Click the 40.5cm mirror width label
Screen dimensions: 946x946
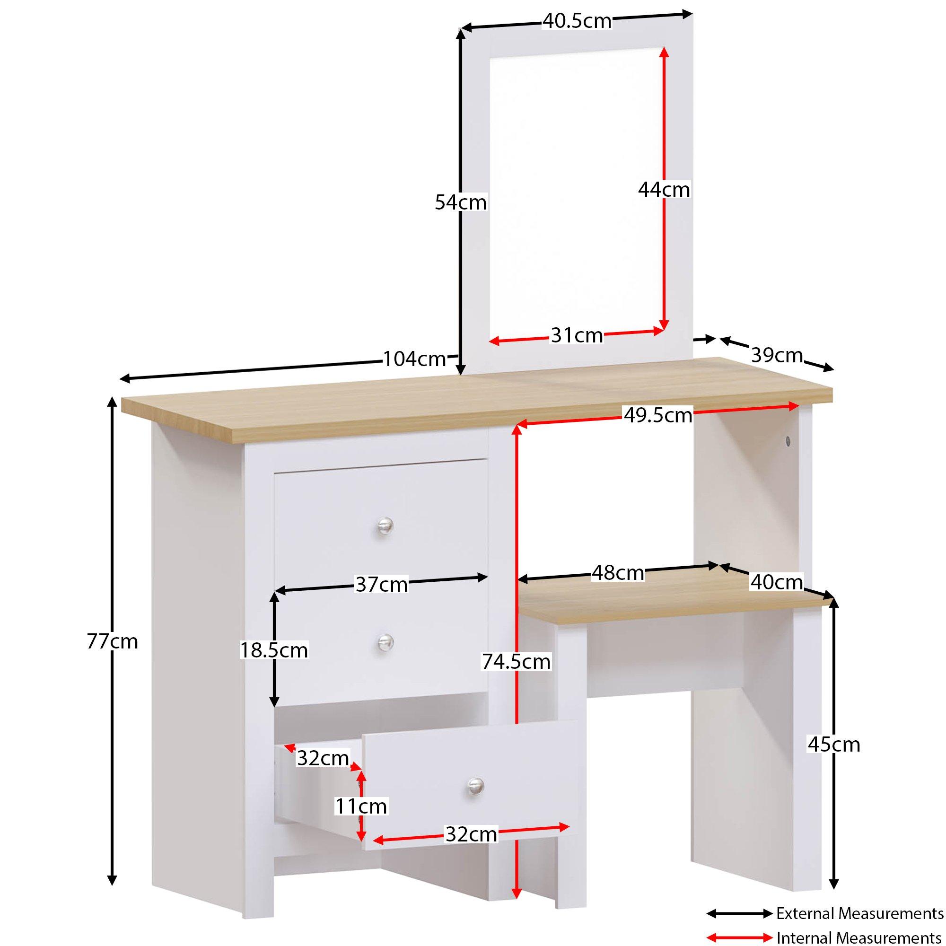coord(577,22)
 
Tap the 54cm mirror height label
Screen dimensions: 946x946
coord(460,202)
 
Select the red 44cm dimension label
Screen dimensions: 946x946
coord(664,190)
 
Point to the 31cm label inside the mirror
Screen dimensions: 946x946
coord(577,336)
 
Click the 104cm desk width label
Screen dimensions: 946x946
coord(414,359)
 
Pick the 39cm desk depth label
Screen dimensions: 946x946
coord(777,355)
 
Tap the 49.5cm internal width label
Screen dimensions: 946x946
coord(657,416)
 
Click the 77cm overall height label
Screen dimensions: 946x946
coord(113,641)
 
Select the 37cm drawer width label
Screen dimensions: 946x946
coord(381,585)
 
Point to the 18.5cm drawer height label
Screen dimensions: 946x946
coord(274,650)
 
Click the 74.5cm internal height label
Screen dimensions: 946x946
coord(516,662)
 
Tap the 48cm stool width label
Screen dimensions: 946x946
coord(618,572)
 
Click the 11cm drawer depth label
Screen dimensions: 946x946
coord(361,806)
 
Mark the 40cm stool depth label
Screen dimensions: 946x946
coord(777,582)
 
